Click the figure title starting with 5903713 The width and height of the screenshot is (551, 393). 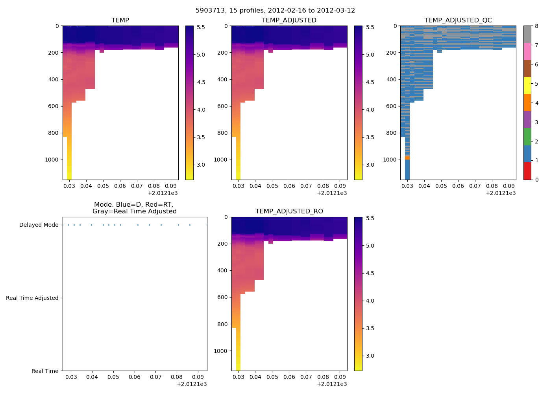click(x=275, y=11)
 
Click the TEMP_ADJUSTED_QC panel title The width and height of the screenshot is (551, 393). click(x=458, y=20)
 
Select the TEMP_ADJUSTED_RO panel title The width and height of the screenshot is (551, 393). click(x=289, y=211)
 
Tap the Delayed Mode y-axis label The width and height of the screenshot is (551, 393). click(x=39, y=225)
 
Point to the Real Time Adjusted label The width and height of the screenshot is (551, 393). click(x=32, y=298)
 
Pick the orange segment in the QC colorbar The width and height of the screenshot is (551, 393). click(x=527, y=103)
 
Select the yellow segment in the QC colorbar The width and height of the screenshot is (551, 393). click(x=527, y=85)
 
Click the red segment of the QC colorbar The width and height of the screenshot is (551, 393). click(x=527, y=171)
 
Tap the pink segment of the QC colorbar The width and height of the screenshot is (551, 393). click(x=527, y=51)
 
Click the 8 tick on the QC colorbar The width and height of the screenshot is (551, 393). click(x=537, y=26)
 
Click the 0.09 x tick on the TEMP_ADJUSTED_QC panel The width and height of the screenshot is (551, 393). click(x=509, y=186)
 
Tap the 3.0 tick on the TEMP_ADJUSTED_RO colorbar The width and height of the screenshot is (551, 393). click(x=370, y=356)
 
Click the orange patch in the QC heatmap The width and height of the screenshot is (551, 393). click(x=407, y=158)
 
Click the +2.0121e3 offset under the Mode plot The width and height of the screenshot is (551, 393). click(x=192, y=384)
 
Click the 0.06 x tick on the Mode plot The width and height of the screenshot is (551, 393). click(x=135, y=377)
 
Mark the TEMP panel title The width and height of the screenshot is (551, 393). click(x=120, y=20)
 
